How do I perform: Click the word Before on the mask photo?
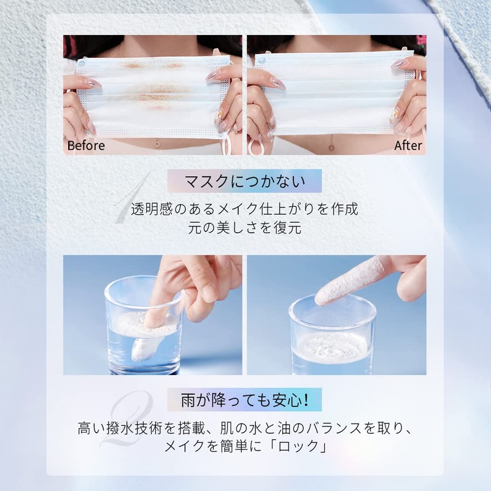click(x=86, y=146)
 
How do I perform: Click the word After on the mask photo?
click(x=408, y=146)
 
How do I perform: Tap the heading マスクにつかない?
click(x=245, y=182)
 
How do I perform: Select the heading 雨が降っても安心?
click(x=245, y=399)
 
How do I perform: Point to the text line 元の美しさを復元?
click(x=245, y=228)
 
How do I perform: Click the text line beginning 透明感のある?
click(x=245, y=209)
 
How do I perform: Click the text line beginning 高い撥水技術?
click(x=245, y=427)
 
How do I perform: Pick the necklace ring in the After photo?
click(x=332, y=147)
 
